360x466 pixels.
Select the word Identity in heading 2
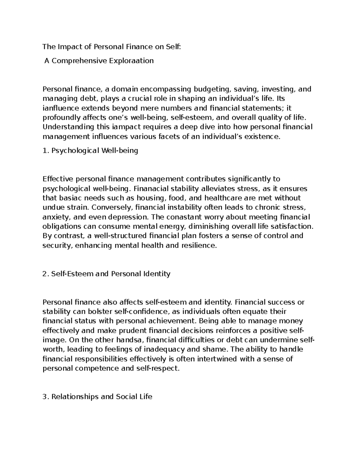[157, 274]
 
